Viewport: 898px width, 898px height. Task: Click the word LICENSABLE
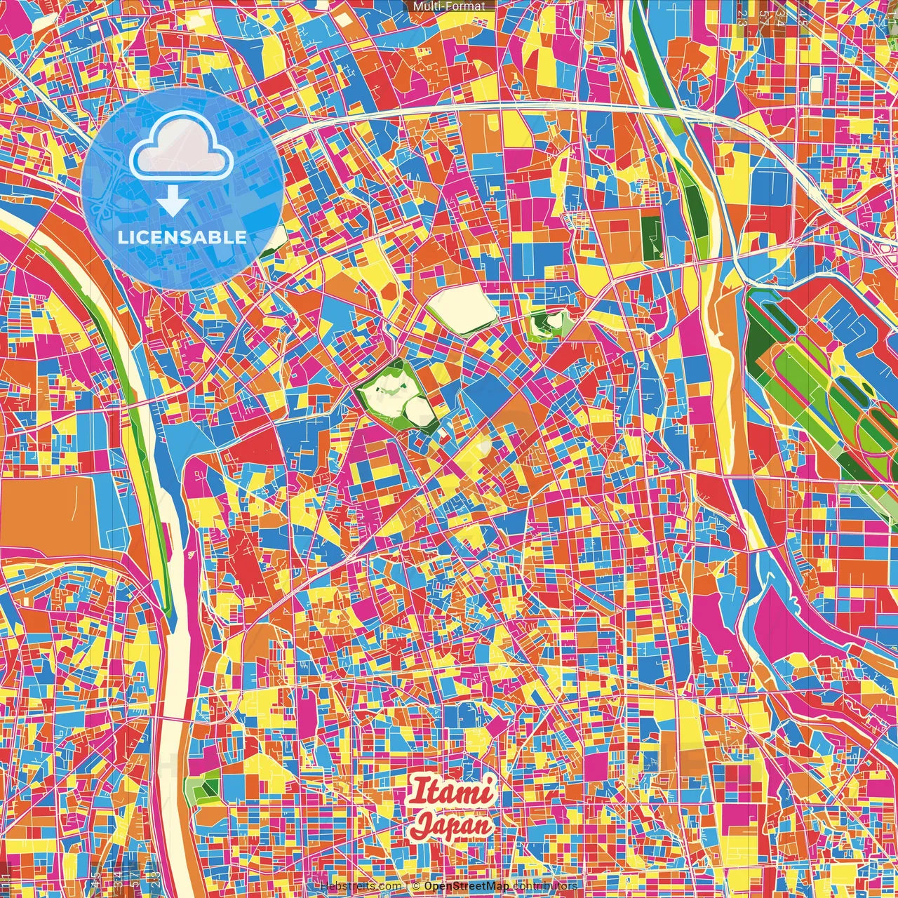point(182,237)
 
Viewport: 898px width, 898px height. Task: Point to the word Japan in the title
point(451,825)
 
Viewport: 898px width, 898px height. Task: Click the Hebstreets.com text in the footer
point(361,886)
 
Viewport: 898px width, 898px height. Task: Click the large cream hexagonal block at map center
point(462,309)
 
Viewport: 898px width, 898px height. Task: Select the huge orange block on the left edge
point(49,516)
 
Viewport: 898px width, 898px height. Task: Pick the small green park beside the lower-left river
point(201,789)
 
